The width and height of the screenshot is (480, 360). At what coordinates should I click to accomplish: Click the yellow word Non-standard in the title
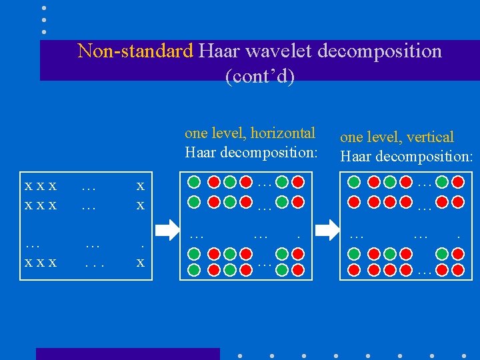click(135, 51)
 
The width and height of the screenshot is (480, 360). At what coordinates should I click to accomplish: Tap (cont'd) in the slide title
click(260, 76)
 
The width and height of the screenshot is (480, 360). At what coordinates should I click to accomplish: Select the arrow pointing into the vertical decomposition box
click(327, 230)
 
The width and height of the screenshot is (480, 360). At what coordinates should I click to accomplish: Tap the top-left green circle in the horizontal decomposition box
click(194, 181)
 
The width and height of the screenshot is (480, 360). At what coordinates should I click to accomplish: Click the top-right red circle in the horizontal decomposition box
click(298, 181)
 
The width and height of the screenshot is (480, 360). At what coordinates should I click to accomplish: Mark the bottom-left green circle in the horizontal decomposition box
click(194, 269)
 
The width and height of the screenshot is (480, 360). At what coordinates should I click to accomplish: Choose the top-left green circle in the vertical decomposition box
click(354, 181)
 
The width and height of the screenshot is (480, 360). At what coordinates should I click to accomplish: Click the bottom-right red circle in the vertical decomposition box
click(458, 269)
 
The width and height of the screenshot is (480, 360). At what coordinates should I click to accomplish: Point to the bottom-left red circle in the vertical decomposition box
click(354, 269)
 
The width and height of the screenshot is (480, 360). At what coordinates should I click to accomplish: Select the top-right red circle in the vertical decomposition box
click(458, 181)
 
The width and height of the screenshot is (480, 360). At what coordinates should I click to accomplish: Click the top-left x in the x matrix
click(28, 186)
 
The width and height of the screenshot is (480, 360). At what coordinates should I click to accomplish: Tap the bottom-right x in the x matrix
click(140, 263)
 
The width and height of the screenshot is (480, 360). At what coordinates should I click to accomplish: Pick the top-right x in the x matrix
click(140, 186)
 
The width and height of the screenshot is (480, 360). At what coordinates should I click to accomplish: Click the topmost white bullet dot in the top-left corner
click(45, 8)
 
